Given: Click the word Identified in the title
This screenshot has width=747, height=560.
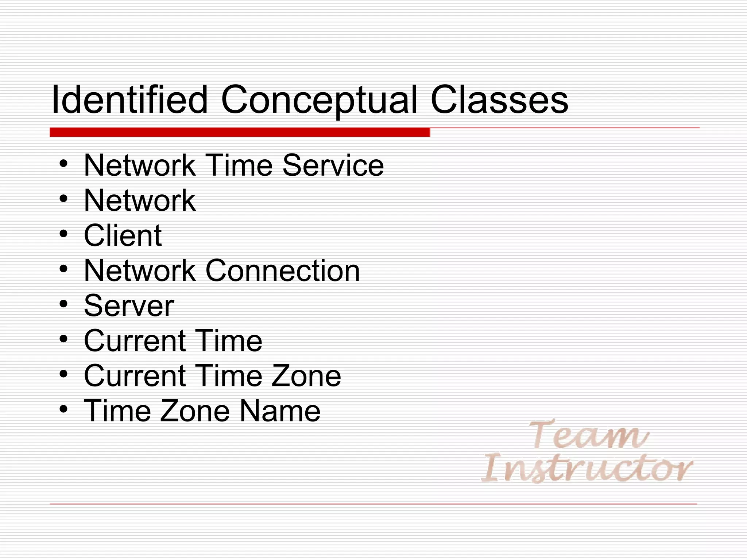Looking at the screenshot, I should [x=129, y=100].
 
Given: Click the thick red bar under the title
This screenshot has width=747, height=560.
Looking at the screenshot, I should [x=240, y=132].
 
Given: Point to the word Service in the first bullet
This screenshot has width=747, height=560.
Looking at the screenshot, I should [x=333, y=166].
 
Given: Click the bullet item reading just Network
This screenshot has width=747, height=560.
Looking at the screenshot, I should [x=140, y=200].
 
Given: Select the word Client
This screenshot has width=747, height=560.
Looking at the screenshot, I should [x=123, y=236].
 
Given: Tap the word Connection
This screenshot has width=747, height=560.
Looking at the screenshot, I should [x=283, y=271].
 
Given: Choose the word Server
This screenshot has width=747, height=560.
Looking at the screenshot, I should [x=129, y=306].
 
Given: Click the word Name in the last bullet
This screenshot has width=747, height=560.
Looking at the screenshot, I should [x=280, y=411].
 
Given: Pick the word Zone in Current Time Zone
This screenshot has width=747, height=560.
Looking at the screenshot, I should [x=306, y=376].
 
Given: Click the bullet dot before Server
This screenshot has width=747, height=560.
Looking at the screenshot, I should [x=63, y=304].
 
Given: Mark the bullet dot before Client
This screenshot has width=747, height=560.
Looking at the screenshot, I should [x=63, y=234].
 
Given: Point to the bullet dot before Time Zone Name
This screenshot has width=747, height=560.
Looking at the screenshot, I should [x=63, y=409].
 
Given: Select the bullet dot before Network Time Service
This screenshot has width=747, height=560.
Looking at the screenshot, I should [x=63, y=164].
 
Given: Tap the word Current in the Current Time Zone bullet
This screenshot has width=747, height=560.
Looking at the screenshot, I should [x=135, y=376].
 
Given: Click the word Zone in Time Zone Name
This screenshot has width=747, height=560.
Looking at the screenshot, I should [x=194, y=411].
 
